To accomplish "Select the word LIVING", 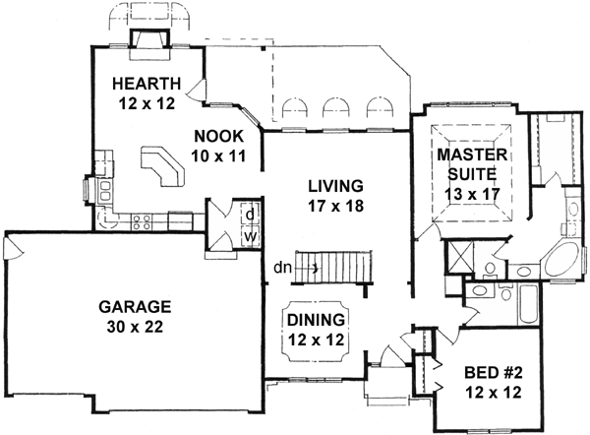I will tap(334, 185).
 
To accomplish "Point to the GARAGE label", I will tap(135, 305).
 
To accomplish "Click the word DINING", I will tap(316, 319).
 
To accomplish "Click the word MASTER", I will tap(472, 155).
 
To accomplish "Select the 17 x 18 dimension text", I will tap(334, 205).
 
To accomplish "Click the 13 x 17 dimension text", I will tap(472, 194).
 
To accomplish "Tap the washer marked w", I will tap(251, 237).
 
